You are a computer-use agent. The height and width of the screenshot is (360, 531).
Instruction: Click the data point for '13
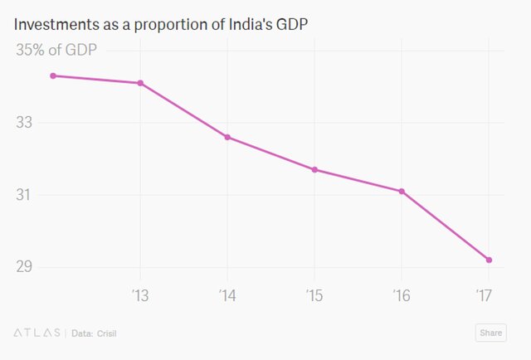(140, 83)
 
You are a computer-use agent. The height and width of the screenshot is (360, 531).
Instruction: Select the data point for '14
(227, 137)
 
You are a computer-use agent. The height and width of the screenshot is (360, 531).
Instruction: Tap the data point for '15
(314, 169)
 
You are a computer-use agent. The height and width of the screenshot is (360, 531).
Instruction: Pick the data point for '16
(402, 192)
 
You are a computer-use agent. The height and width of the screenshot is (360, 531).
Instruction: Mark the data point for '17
(489, 260)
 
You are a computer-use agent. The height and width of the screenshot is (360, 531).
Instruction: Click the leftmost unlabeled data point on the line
(53, 75)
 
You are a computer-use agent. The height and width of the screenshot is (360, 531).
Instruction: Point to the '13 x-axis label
(140, 294)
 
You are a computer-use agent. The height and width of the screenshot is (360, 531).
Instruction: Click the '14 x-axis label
(227, 294)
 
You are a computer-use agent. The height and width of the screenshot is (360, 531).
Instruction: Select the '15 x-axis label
(314, 294)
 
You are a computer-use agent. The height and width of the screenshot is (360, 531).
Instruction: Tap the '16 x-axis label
(402, 294)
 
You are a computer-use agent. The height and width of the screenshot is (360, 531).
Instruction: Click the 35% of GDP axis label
(56, 50)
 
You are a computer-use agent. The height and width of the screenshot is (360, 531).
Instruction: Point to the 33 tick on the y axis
(25, 123)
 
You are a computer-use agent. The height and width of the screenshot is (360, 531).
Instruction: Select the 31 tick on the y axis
(25, 195)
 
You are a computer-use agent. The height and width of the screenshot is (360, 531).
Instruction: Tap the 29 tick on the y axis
(25, 267)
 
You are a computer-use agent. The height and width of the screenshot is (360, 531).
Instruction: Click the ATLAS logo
(37, 333)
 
